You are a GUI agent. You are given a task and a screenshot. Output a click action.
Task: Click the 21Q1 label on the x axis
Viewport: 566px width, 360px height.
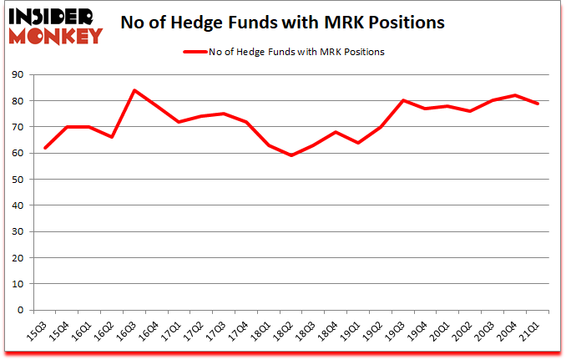(x=529, y=332)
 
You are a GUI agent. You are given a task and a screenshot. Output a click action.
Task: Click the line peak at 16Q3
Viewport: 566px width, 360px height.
(x=134, y=90)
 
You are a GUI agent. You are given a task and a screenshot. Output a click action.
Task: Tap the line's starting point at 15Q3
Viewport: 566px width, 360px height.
(x=45, y=148)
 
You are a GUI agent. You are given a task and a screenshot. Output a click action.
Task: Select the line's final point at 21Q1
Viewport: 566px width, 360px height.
(x=536, y=104)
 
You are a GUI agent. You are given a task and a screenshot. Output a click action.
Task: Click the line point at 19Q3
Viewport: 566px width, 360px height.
(x=402, y=100)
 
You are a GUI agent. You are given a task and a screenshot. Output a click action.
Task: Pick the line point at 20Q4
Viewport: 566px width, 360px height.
(x=513, y=95)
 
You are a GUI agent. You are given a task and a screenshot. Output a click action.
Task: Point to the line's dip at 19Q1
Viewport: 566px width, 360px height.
(x=357, y=143)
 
